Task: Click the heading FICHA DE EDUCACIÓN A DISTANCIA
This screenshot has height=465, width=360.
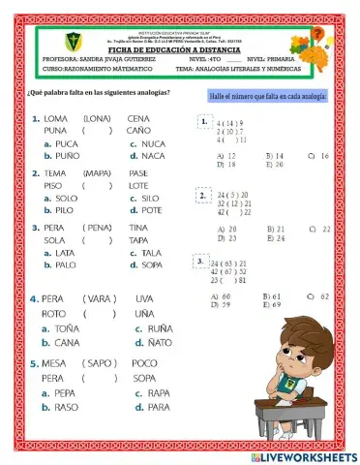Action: click(184, 49)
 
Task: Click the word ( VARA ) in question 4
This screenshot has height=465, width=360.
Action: click(99, 298)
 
